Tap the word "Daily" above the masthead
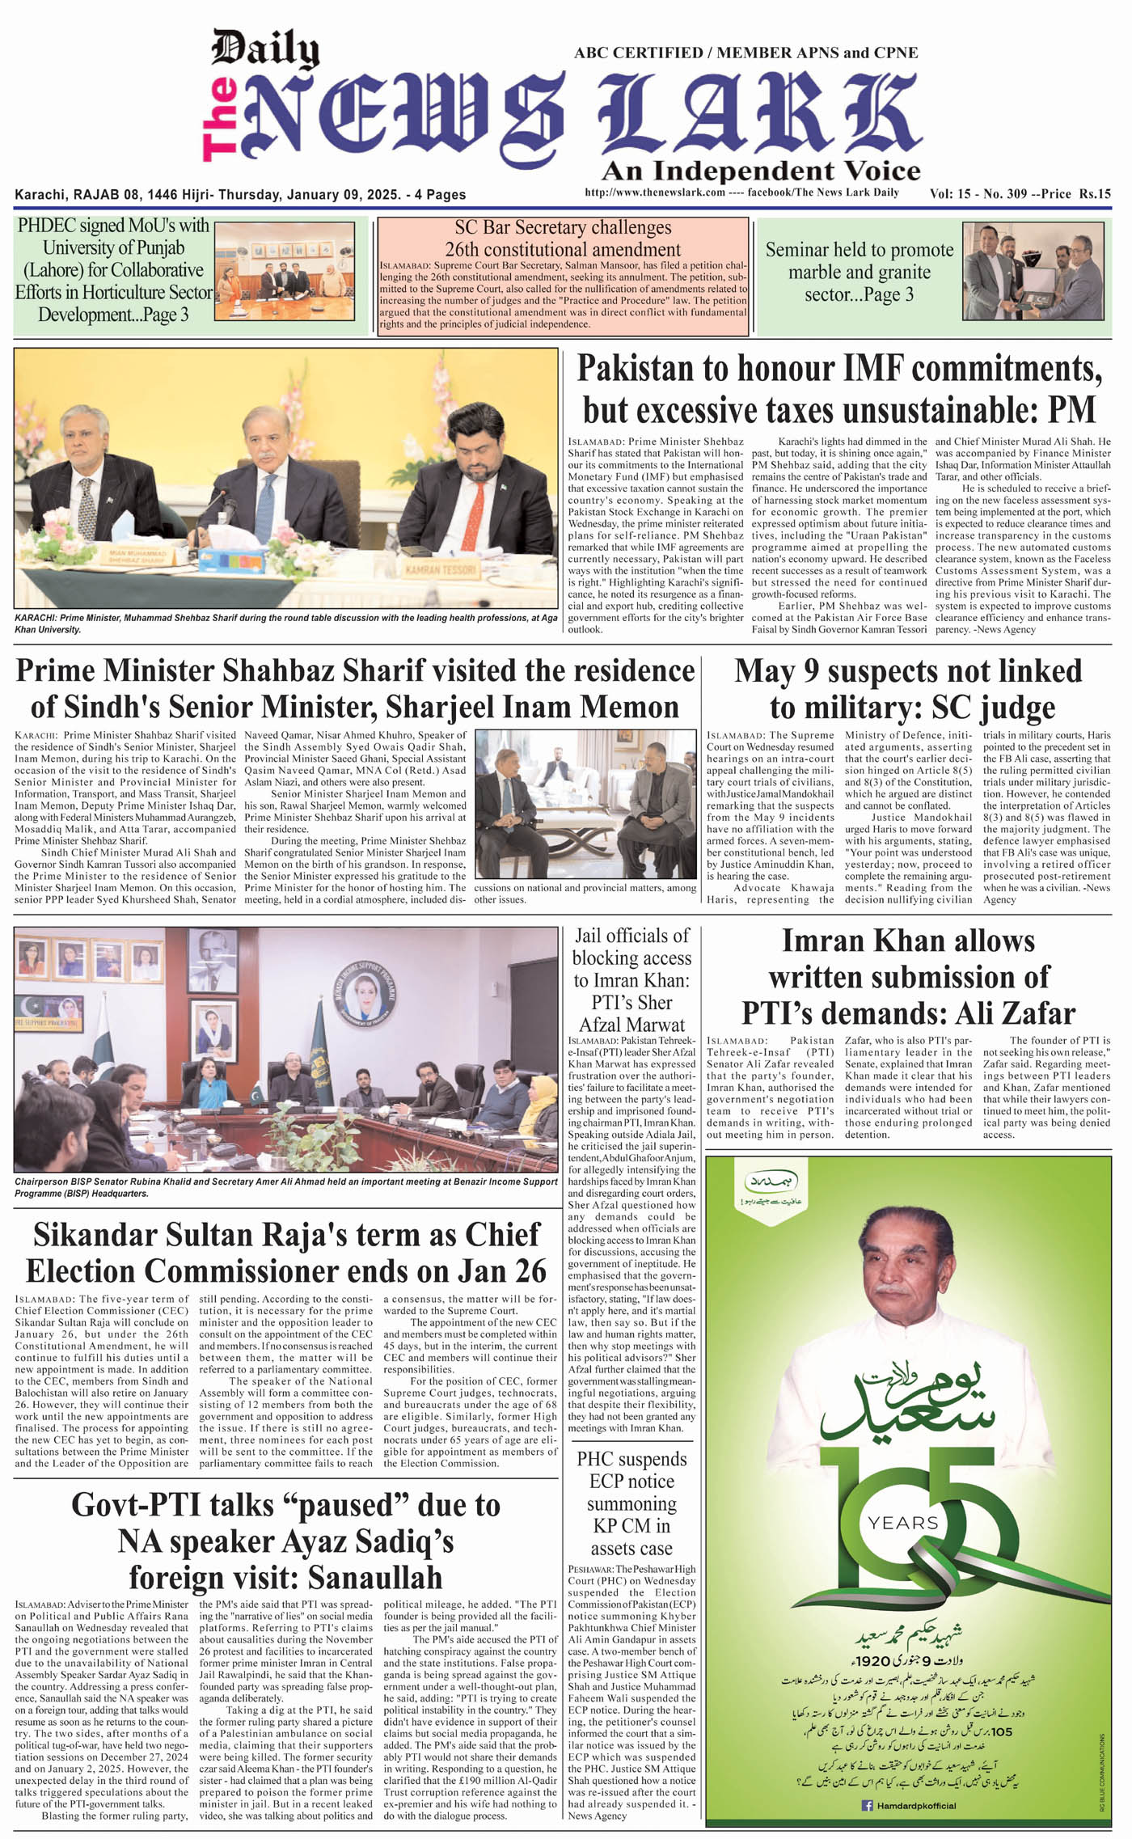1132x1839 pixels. [264, 50]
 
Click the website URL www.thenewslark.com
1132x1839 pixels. [654, 192]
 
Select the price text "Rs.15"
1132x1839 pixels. [1093, 193]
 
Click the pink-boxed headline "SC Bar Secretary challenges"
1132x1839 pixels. [563, 228]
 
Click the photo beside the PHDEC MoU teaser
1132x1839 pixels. [284, 271]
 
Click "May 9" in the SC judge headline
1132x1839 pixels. [776, 671]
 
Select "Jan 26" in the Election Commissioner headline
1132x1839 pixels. [496, 1271]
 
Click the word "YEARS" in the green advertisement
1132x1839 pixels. [902, 1523]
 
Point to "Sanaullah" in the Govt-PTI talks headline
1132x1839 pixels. [365, 1577]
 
